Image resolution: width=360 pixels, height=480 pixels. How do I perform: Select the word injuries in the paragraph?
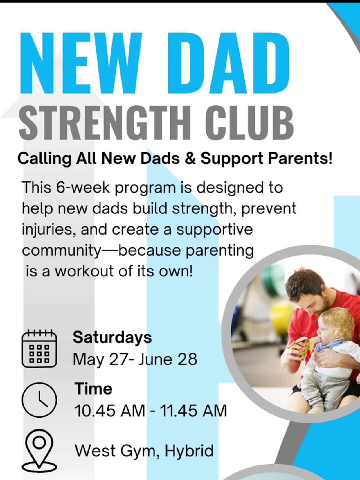pyautogui.click(x=47, y=230)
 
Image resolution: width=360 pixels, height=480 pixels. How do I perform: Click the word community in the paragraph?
pyautogui.click(x=61, y=251)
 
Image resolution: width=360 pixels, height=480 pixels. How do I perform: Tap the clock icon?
pyautogui.click(x=39, y=400)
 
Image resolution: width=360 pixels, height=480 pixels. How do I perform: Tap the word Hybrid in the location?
pyautogui.click(x=189, y=451)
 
